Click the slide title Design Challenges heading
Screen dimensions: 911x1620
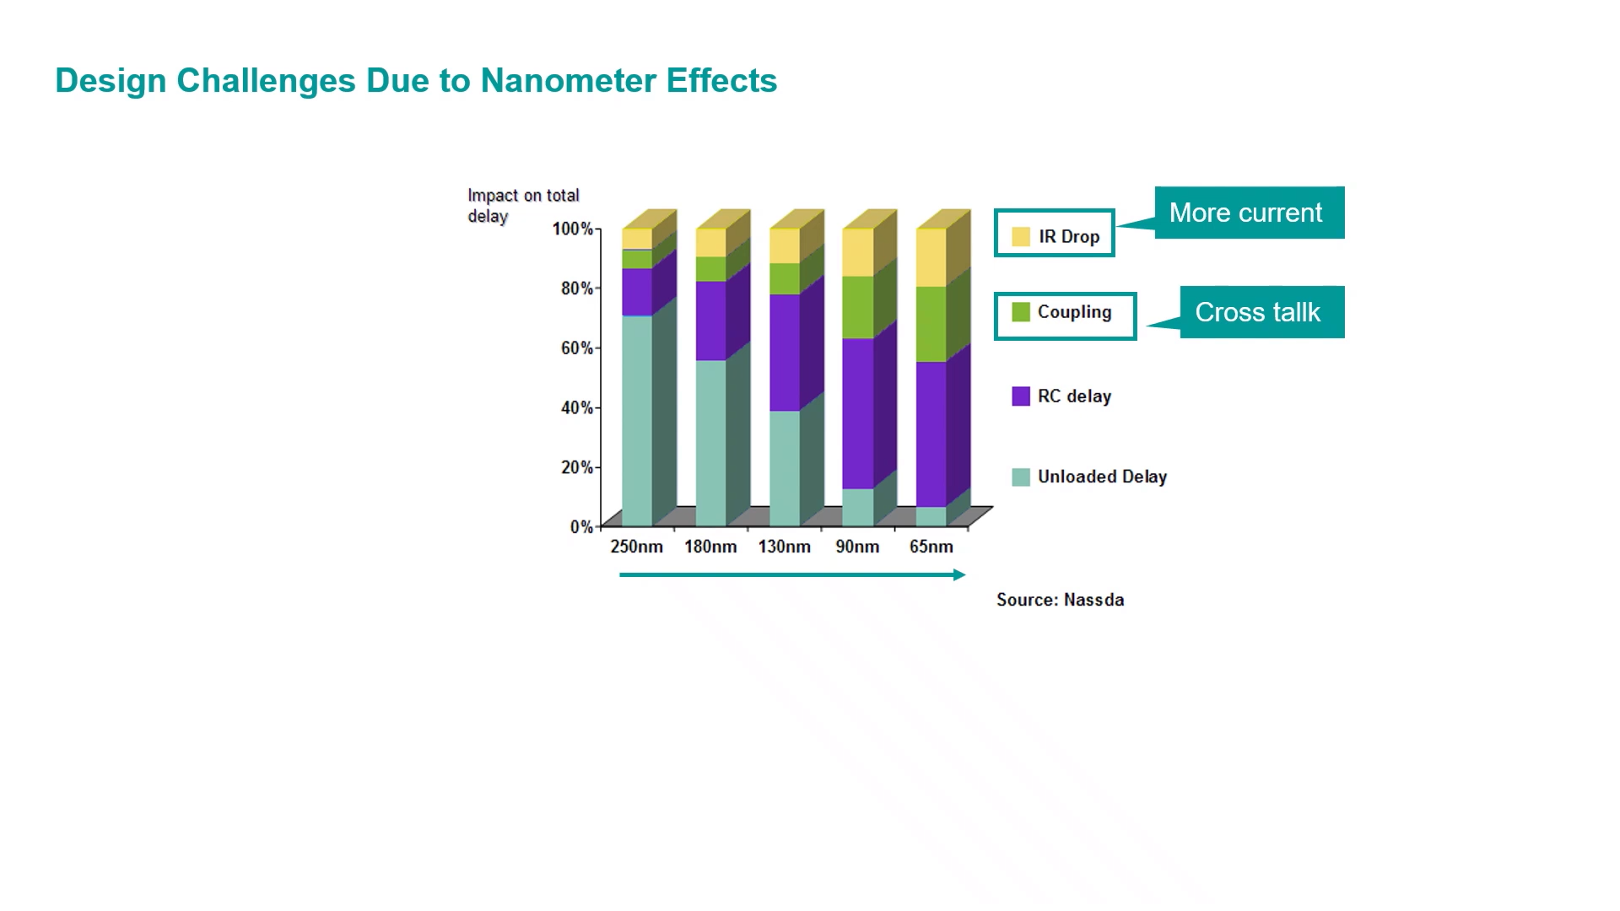[x=415, y=81]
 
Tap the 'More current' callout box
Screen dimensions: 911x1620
[x=1248, y=213]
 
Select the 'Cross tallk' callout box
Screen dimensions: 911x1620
[x=1261, y=312]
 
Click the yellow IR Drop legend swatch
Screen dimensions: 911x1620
[x=1021, y=236]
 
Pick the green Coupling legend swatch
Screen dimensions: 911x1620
[x=1021, y=312]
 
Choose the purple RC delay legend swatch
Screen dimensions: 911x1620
[x=1021, y=396]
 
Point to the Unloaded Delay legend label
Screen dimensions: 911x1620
[x=1102, y=477]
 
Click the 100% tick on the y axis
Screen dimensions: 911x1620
[x=573, y=229]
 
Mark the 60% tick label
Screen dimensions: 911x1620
[x=577, y=348]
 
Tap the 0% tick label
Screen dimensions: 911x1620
[x=581, y=526]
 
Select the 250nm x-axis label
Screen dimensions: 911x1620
[x=636, y=547]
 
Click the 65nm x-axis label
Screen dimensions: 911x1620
[x=931, y=547]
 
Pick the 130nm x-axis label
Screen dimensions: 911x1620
[x=784, y=547]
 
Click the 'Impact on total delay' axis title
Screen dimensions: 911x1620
[x=523, y=206]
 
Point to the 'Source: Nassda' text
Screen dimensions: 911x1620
[x=1060, y=600]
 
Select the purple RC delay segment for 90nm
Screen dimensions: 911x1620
[x=858, y=413]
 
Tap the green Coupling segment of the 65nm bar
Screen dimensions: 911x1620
[x=931, y=324]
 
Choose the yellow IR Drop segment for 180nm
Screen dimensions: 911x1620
[x=710, y=243]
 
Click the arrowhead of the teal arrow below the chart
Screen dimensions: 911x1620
[x=959, y=574]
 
